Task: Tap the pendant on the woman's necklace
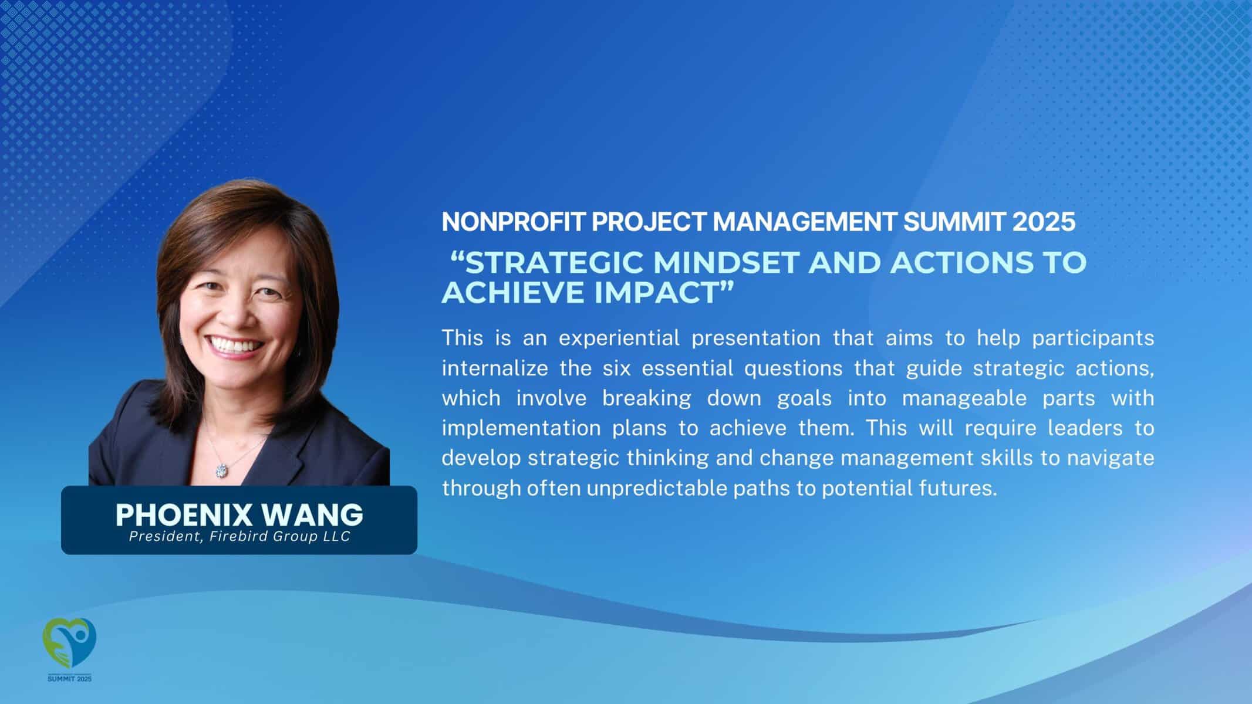pyautogui.click(x=222, y=469)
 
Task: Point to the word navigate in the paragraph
pyautogui.click(x=1111, y=458)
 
